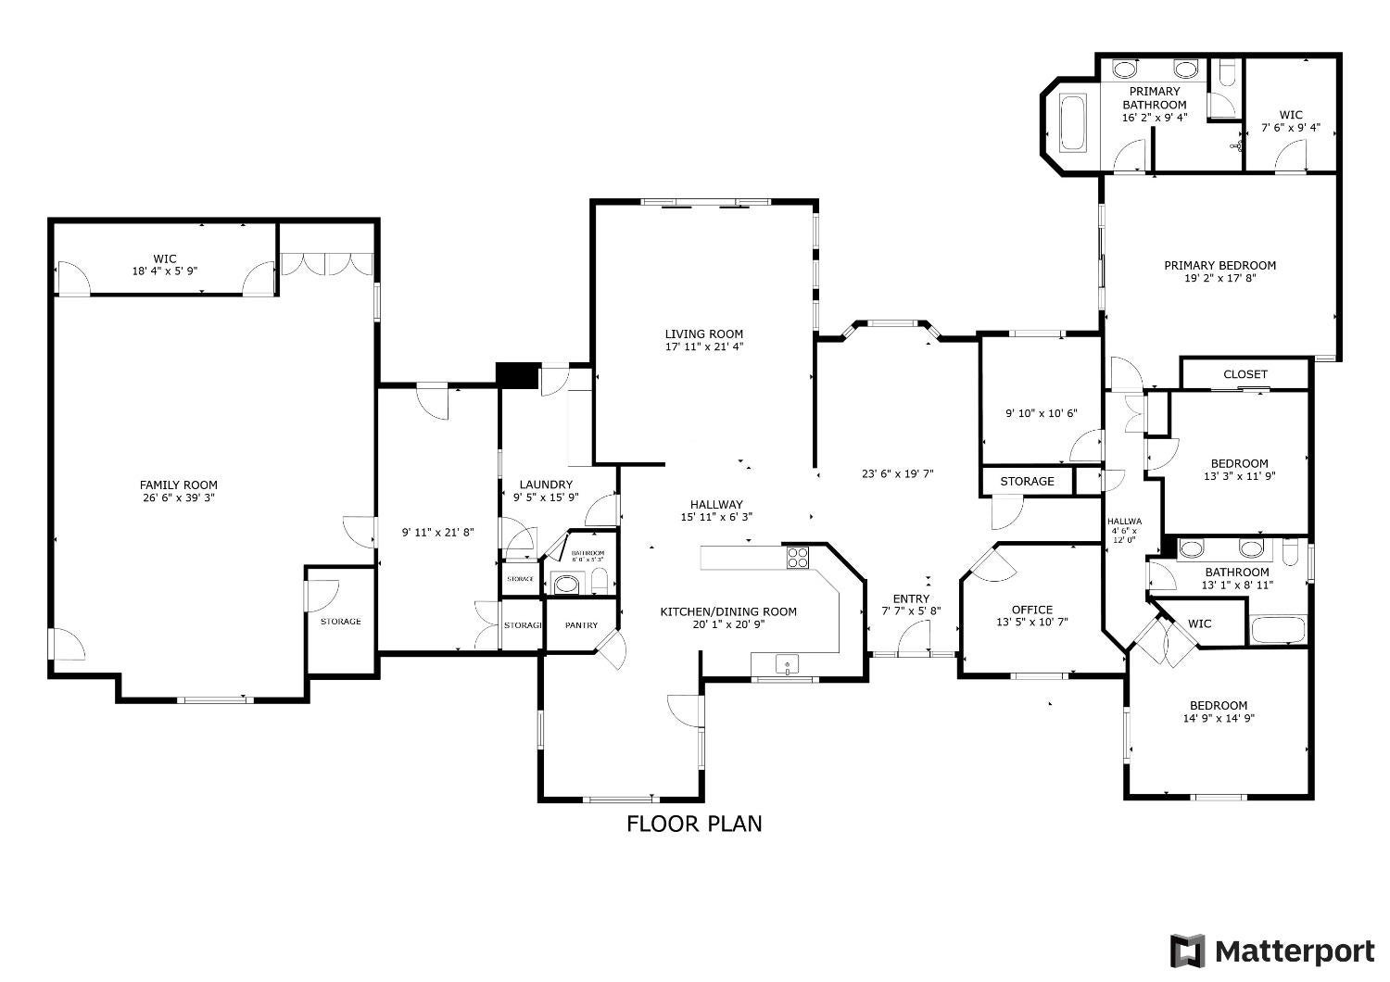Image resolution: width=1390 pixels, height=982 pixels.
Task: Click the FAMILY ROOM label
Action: coord(178,485)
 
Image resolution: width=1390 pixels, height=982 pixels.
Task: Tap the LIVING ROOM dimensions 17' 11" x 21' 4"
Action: coord(703,347)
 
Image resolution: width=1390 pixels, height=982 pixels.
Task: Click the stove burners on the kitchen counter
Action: coord(797,557)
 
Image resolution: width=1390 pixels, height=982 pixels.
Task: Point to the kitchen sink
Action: coord(786,664)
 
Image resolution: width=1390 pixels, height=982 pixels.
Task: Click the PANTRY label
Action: coord(581,625)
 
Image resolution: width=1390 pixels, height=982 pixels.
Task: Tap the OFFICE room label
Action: coord(1031,610)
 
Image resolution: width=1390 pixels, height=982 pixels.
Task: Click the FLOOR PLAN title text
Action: coord(694,824)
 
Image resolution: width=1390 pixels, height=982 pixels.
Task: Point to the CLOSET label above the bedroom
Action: coord(1245,374)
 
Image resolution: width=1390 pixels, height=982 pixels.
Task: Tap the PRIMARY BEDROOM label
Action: coord(1219,265)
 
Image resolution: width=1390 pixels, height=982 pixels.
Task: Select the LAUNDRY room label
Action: coord(546,485)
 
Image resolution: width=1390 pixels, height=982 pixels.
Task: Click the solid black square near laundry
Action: coord(517,375)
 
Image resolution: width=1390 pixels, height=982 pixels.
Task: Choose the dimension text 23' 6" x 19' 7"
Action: coord(897,473)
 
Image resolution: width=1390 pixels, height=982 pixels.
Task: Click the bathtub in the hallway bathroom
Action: coord(1278,630)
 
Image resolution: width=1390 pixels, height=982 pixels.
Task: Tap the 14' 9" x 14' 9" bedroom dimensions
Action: coord(1219,718)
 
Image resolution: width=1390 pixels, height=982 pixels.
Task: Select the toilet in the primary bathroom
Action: coord(1226,73)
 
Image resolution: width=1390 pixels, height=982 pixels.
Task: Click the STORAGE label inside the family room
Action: coord(340,622)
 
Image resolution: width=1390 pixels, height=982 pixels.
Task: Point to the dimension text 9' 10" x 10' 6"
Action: coord(1041,414)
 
